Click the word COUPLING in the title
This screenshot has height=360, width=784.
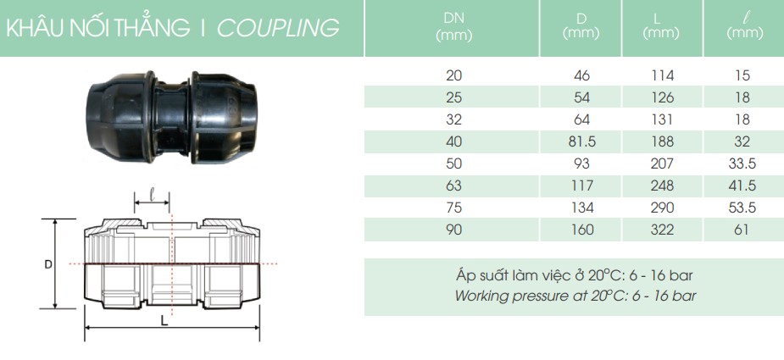click(279, 28)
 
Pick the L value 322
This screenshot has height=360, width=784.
click(661, 229)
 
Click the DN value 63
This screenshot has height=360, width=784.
click(454, 185)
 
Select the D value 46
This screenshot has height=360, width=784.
click(581, 75)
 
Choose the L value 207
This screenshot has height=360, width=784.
click(661, 163)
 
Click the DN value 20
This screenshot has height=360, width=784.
click(454, 75)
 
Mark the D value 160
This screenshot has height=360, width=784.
click(581, 229)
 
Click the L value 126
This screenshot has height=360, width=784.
click(661, 97)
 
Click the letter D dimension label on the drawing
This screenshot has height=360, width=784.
click(48, 264)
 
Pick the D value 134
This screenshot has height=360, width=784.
click(581, 207)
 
